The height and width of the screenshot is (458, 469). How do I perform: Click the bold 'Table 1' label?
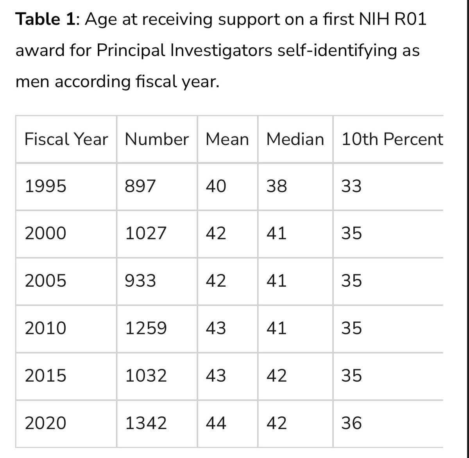coord(42,20)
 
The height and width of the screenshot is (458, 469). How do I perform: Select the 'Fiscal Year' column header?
coord(66,139)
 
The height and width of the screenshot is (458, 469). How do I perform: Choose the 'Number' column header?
coord(157,139)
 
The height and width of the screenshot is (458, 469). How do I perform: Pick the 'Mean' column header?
coord(227,139)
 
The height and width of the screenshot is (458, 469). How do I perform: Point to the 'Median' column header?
coord(295,139)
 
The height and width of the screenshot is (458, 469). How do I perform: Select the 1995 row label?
coord(45,187)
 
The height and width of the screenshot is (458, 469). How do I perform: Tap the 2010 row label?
coord(45,328)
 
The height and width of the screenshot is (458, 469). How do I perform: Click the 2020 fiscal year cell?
coord(45,423)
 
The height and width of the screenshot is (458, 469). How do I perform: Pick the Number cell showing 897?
coord(140,187)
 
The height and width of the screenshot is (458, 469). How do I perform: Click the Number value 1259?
coord(146,328)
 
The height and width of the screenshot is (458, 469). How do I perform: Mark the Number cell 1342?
coord(146,423)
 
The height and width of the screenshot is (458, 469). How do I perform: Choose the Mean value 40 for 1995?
coord(216,187)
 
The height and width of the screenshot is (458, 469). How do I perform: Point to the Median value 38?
coord(276,187)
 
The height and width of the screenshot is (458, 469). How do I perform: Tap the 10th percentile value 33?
coord(351,187)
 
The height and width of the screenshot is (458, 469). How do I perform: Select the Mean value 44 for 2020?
coord(216,423)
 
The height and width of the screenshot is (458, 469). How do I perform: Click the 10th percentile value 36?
coord(351,423)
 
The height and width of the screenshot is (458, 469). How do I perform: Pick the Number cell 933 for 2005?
coord(140,281)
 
